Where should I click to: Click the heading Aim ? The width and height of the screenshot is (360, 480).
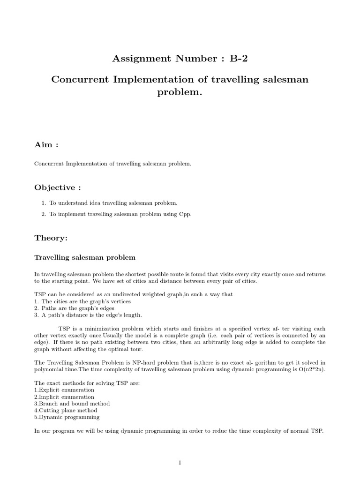(x=46, y=145)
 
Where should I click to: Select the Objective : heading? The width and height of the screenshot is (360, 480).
(x=58, y=188)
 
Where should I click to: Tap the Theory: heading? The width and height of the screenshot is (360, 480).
(x=51, y=239)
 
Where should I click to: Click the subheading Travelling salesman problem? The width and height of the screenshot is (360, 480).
(x=85, y=258)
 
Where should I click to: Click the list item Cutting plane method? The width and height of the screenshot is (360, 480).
(x=68, y=410)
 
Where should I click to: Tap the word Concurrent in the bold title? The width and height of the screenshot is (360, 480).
(x=80, y=79)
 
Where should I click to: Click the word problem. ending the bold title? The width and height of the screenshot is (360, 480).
(x=180, y=92)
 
